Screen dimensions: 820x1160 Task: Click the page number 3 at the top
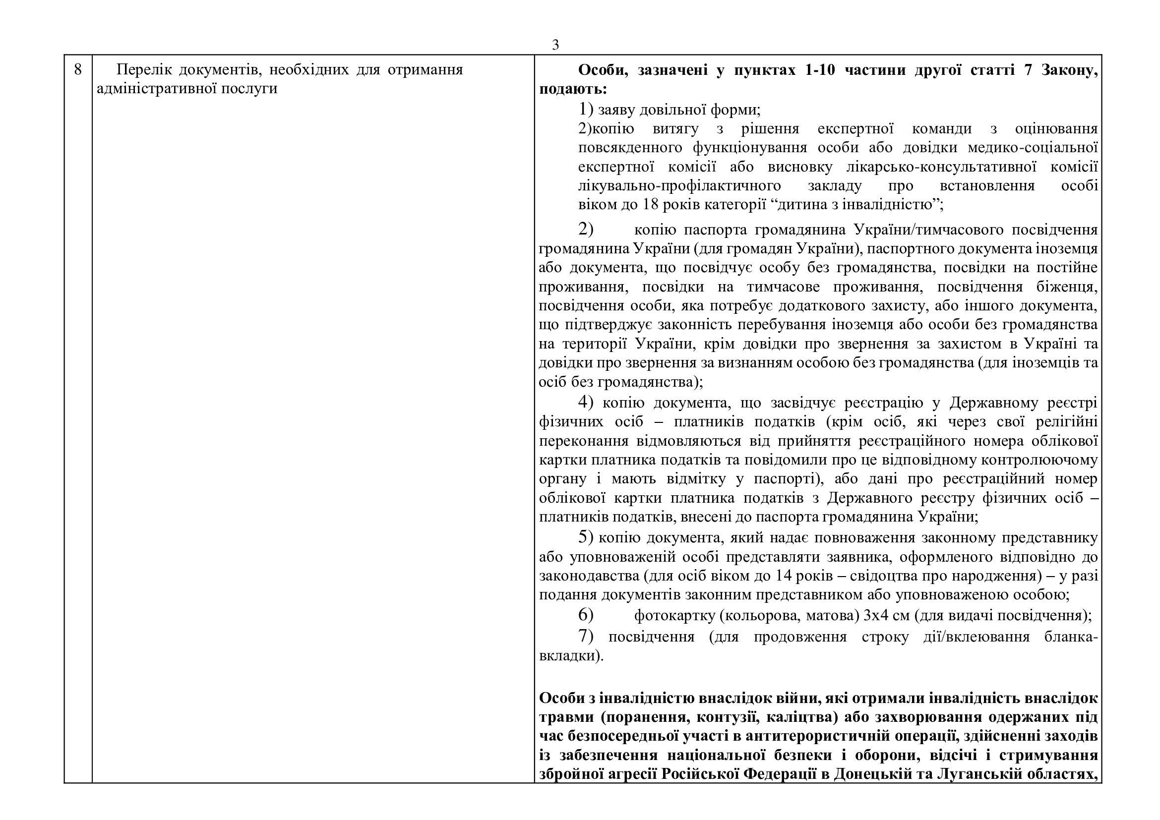[x=555, y=45]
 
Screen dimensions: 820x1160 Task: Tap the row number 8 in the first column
[x=78, y=69]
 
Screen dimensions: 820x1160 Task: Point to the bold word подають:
[x=573, y=89]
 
